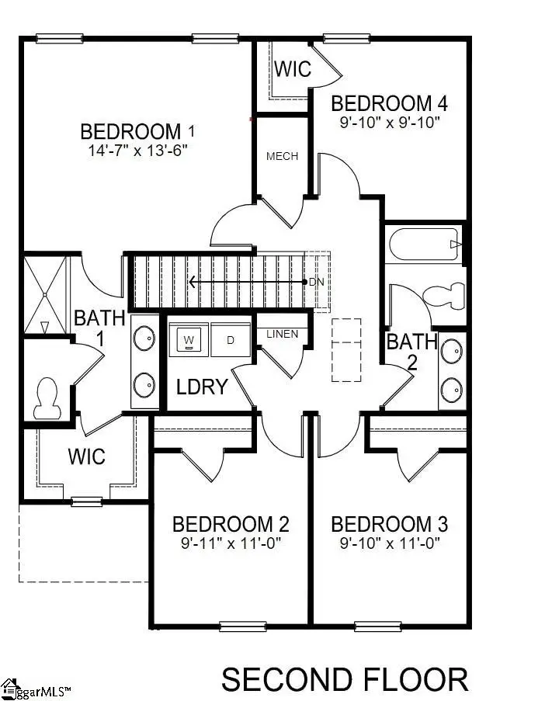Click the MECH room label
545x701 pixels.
click(282, 156)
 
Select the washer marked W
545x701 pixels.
click(189, 340)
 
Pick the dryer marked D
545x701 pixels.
click(231, 340)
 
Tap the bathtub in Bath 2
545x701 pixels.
click(424, 245)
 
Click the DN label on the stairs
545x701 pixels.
click(316, 282)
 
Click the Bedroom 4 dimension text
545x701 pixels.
click(389, 123)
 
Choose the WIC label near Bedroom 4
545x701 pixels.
click(293, 69)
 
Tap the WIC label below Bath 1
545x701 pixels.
click(87, 456)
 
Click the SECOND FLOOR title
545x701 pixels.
click(345, 679)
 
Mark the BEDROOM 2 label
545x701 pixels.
click(231, 524)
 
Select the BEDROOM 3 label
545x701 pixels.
click(394, 524)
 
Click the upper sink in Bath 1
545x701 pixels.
click(143, 338)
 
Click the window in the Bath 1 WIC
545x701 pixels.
click(87, 501)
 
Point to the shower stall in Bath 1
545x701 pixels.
click(45, 294)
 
